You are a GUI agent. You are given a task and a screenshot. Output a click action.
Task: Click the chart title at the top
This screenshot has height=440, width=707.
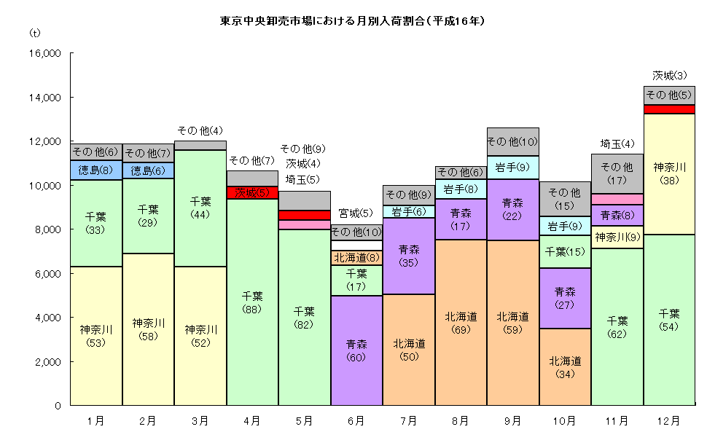point(353,21)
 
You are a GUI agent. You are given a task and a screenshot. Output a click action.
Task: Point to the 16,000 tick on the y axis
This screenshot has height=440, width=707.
point(45,53)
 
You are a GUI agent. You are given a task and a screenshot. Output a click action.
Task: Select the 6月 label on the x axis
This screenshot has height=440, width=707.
point(356,420)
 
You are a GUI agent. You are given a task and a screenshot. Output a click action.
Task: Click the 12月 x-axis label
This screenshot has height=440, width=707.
point(668,420)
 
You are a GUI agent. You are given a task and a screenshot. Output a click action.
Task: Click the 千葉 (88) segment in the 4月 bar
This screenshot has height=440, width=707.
point(252,302)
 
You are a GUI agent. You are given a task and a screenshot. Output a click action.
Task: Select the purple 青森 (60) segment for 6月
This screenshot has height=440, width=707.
point(356,350)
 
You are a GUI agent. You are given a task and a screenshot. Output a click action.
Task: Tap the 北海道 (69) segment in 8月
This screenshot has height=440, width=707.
point(461,322)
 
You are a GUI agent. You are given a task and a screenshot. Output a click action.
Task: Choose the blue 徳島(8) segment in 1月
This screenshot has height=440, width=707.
point(95,170)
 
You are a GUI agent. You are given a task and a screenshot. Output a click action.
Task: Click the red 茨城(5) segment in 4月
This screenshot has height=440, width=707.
point(252,193)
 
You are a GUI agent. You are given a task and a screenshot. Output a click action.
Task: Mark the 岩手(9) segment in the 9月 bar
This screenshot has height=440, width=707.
point(512,168)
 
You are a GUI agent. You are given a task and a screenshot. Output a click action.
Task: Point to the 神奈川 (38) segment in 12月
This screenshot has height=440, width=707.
point(668,172)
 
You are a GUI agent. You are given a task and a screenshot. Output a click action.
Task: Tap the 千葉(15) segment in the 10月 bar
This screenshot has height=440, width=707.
point(565,251)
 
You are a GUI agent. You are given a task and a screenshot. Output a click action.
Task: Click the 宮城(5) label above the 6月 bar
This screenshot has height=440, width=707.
point(356,213)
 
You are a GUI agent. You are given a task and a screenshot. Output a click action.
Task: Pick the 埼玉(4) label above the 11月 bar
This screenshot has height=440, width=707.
point(617,143)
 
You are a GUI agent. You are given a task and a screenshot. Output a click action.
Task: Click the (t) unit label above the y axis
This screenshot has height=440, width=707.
point(34,34)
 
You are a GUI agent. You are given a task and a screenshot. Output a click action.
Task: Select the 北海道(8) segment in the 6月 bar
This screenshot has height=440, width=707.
point(356,257)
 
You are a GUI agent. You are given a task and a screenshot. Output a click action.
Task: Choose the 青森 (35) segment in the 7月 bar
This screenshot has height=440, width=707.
point(408,256)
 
